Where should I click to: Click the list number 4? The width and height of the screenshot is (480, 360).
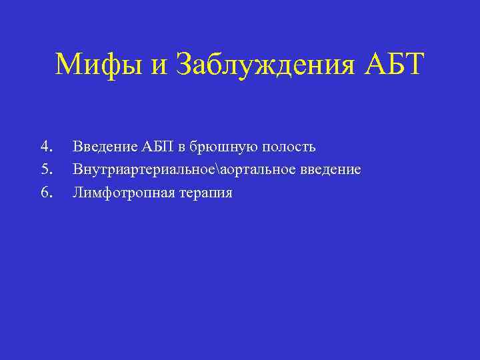coord(46,146)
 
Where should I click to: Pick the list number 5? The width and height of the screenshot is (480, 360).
coord(46,169)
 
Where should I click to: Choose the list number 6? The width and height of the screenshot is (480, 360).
coord(46,193)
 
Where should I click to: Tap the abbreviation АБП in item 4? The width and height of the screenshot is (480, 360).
coord(157,146)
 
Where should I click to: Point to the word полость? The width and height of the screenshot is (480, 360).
coord(288,147)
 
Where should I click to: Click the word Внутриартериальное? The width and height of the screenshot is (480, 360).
coord(145,170)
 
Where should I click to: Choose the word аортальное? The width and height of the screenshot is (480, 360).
coord(258,170)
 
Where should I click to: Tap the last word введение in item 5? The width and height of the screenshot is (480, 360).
coord(330,170)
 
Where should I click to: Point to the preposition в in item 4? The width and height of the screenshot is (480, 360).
coord(183,147)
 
